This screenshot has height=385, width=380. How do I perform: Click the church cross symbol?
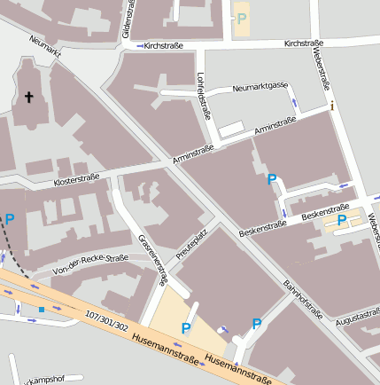(27, 97)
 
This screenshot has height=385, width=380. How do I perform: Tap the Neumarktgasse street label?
(260, 87)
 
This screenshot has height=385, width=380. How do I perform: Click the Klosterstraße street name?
(76, 178)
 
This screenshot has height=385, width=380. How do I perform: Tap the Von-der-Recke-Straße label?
(90, 263)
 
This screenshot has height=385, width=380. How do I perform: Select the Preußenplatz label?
(190, 246)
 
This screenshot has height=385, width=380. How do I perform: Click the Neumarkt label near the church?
(45, 51)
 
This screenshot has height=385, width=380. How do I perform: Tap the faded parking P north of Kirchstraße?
(242, 18)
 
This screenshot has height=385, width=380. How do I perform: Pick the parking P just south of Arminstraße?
(272, 179)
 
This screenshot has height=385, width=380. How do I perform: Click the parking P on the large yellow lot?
(186, 328)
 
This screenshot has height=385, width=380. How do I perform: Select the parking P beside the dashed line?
(10, 219)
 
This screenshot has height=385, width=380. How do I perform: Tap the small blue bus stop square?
(41, 309)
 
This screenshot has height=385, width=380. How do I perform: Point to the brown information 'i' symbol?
(331, 106)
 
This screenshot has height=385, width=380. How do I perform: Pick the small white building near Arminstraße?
(230, 130)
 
